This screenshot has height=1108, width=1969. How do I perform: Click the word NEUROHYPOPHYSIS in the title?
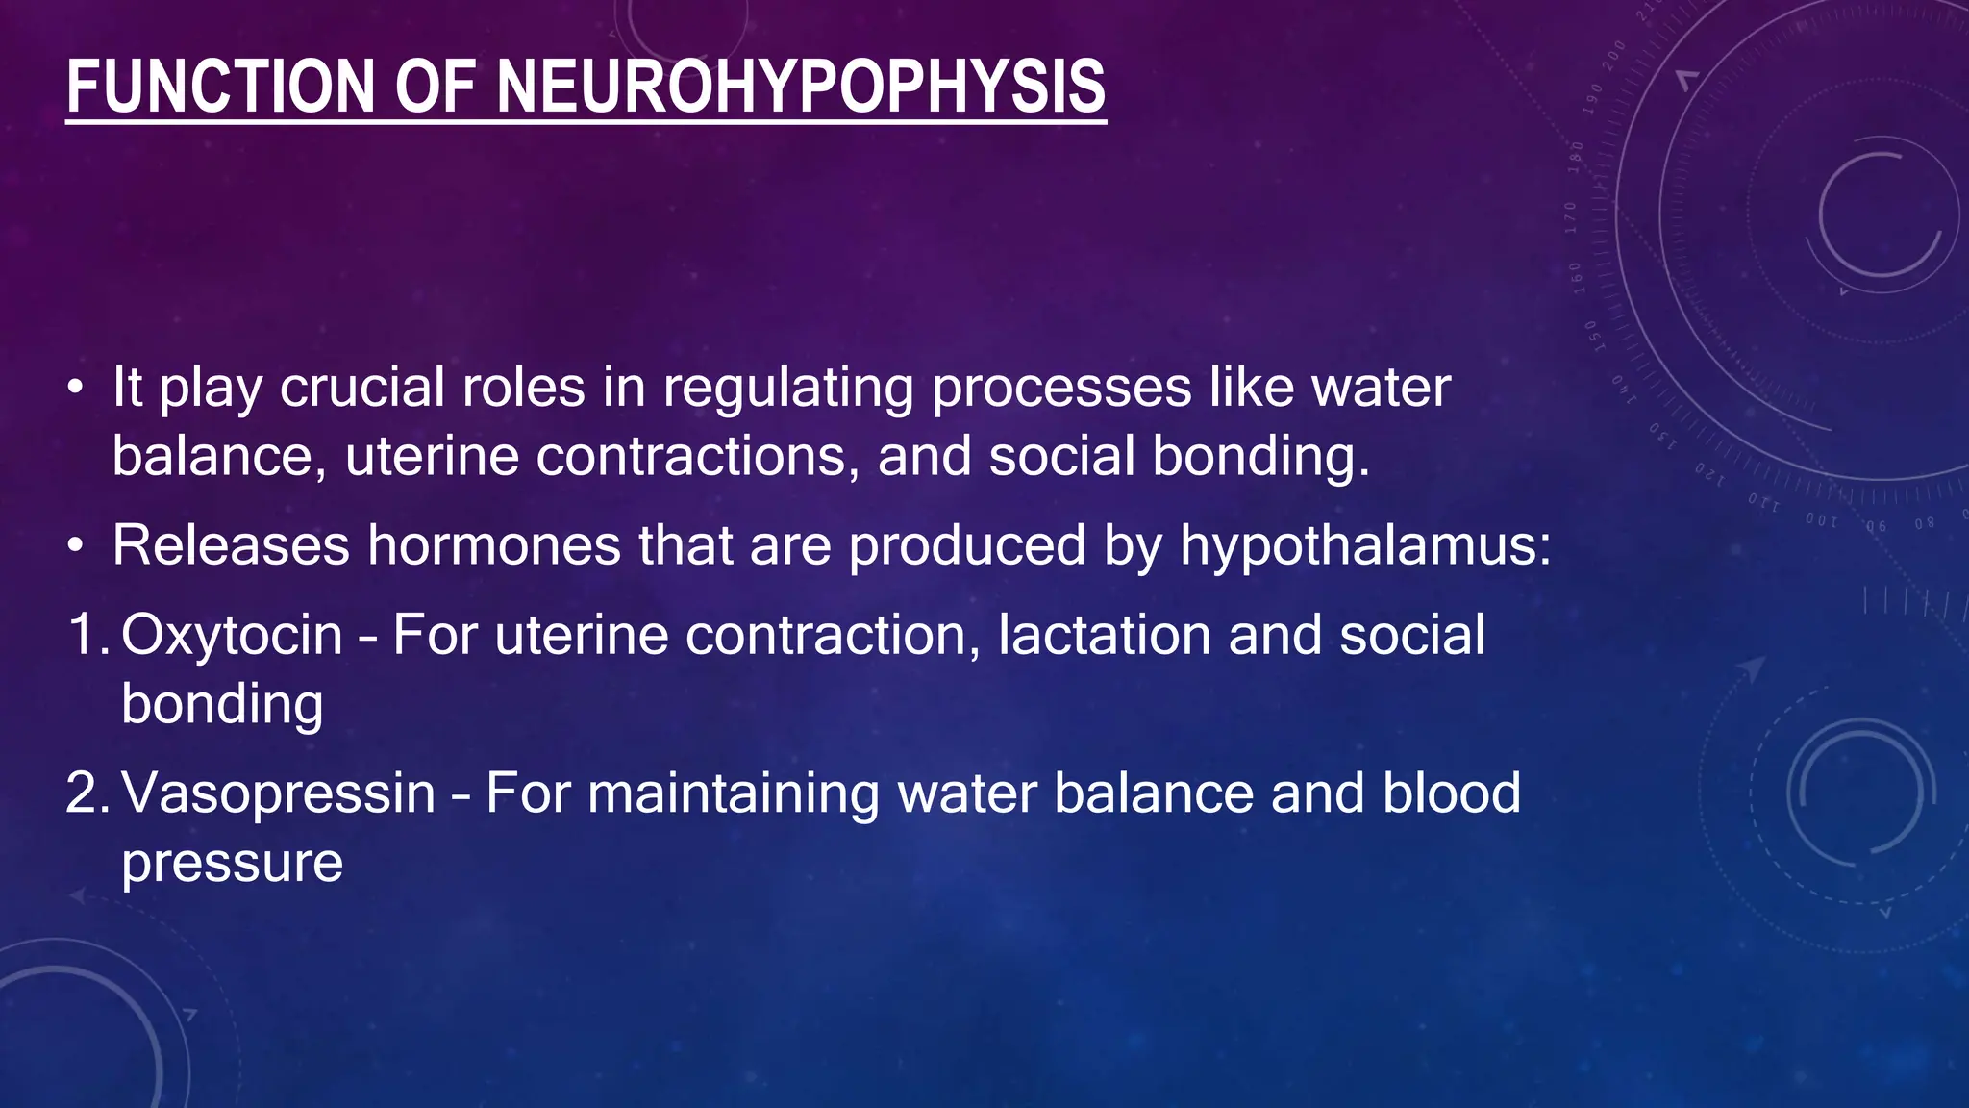(x=800, y=87)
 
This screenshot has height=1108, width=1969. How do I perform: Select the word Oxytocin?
(x=232, y=636)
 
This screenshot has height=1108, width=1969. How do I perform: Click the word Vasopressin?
(x=279, y=793)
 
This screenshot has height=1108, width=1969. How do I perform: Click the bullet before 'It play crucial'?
(x=75, y=389)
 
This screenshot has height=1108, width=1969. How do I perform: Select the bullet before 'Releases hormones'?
(x=75, y=546)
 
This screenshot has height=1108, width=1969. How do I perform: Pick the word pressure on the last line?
(x=232, y=863)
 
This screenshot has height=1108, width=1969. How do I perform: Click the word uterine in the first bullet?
(x=431, y=456)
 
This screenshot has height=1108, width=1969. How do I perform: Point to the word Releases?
(x=231, y=545)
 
